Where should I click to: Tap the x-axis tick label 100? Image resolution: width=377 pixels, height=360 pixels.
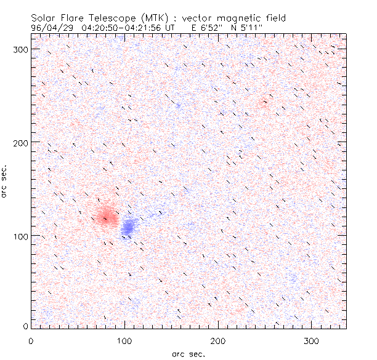pos(125,340)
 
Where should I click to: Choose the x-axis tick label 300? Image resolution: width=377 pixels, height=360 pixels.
pos(312,340)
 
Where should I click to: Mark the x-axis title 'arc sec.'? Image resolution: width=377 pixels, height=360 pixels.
pos(188,353)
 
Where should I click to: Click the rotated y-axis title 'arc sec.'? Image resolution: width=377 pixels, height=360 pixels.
pos(4,181)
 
